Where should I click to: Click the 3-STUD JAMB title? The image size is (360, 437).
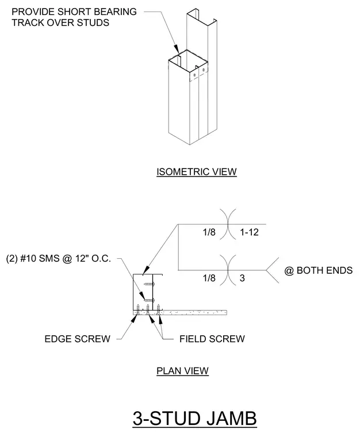point(194,418)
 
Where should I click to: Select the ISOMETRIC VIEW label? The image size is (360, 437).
point(197,172)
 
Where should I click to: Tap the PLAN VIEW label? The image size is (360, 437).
point(182,371)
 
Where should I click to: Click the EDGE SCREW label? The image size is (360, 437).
point(78,339)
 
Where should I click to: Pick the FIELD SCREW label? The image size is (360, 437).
point(212,339)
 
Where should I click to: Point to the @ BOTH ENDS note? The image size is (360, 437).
point(319,270)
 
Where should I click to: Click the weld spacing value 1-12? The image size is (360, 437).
point(250,232)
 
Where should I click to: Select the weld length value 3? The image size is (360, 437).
point(242,278)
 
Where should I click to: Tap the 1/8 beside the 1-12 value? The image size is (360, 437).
point(209,232)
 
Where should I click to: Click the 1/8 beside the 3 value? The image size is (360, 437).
point(209,278)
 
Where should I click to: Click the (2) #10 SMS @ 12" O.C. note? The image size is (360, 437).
point(59,259)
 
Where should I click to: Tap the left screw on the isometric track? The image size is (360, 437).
point(194,75)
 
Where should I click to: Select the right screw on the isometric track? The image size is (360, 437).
point(203,70)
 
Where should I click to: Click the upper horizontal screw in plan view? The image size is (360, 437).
point(149,284)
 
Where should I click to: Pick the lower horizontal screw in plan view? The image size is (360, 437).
point(149,300)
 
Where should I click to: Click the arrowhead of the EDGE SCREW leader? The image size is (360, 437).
point(135,319)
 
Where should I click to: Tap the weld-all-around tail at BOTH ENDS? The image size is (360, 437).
point(272,270)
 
